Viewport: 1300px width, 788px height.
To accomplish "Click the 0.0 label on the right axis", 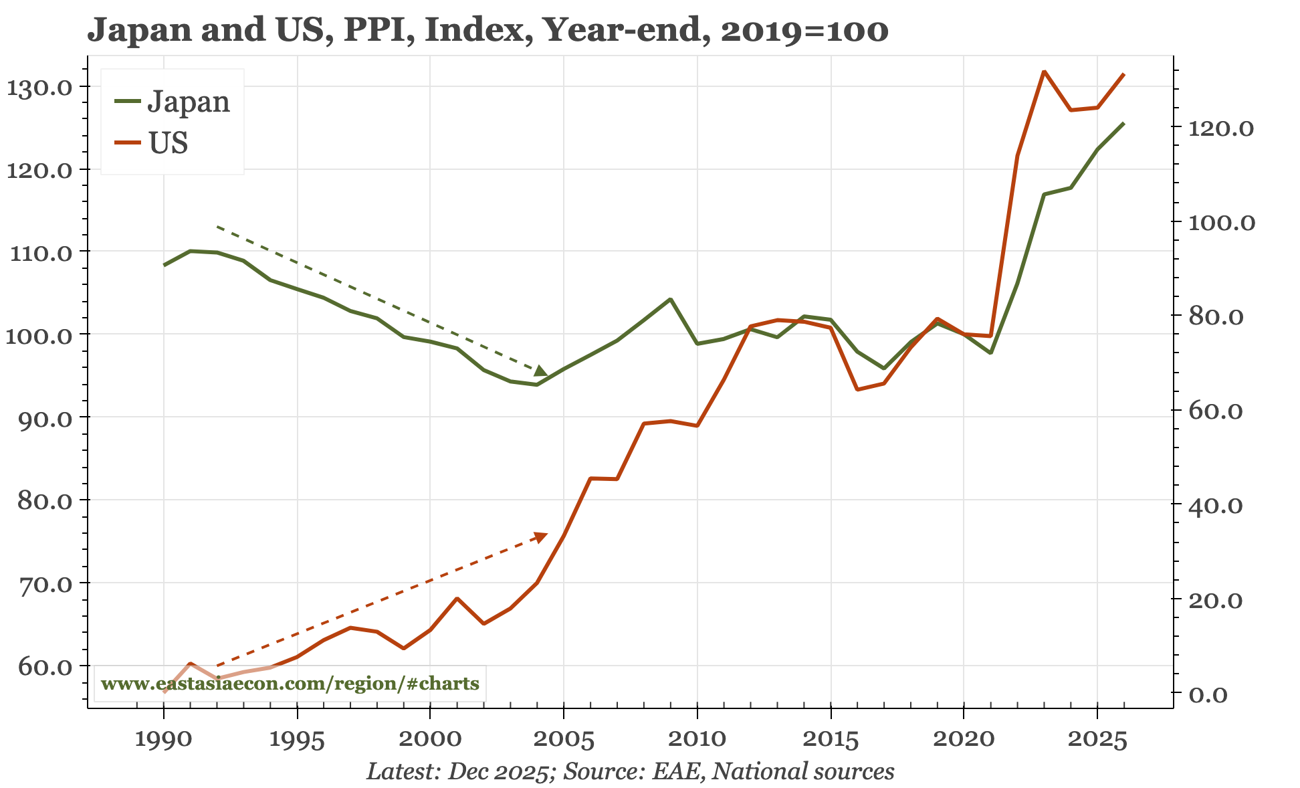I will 1208,694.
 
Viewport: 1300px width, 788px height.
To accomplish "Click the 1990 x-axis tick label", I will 163,740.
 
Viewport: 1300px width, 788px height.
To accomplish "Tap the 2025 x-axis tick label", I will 1097,740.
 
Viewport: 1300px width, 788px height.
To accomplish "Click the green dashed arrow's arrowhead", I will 541,371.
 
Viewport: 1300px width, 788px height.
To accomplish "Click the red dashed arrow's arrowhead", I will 540,536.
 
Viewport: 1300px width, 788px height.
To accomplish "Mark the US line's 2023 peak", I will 1044,71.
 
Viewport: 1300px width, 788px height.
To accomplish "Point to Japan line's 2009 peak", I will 670,299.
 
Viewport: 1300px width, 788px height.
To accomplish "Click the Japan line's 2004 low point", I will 537,385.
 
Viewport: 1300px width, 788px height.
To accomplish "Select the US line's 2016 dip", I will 857,389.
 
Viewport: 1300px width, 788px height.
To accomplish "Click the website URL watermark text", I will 290,684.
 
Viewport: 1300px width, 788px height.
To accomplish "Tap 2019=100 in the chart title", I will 804,30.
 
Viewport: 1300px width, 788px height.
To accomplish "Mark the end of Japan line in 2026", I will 1123,123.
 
